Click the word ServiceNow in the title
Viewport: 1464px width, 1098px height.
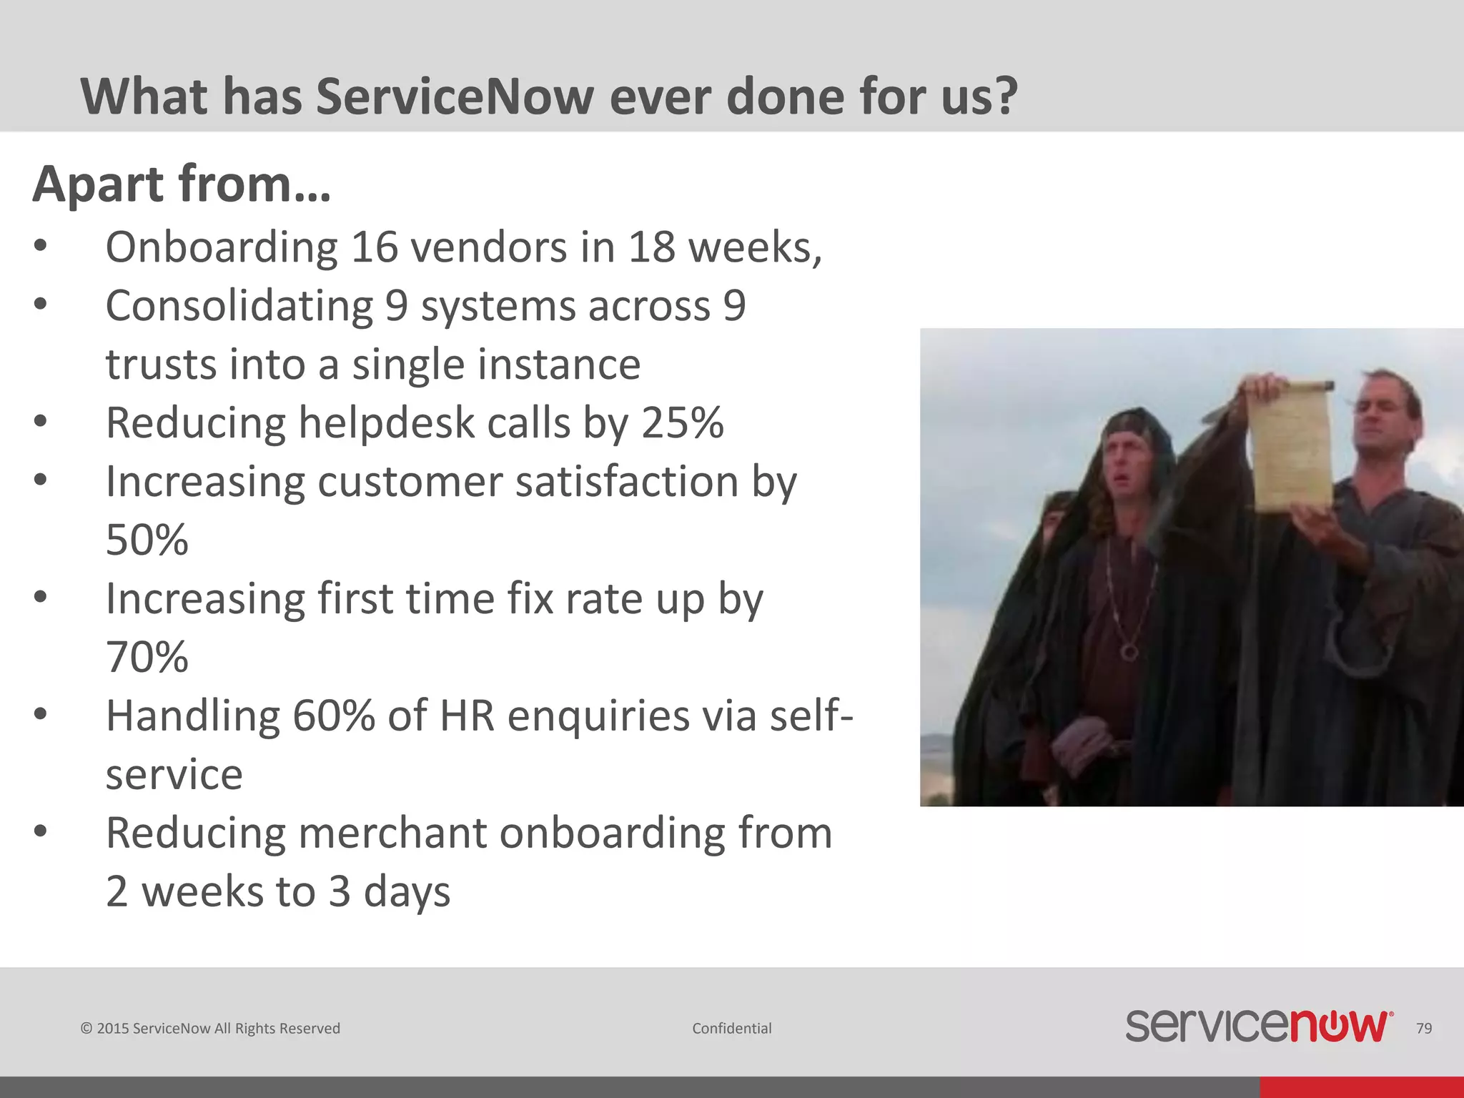tap(455, 97)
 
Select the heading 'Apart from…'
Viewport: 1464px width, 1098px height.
tap(182, 184)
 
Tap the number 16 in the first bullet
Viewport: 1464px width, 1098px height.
tap(373, 247)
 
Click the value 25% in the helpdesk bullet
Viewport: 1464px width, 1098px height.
tap(682, 422)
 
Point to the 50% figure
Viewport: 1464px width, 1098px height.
tap(147, 540)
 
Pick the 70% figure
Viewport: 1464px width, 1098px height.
tap(147, 657)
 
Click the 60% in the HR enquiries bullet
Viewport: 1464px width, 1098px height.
tap(333, 716)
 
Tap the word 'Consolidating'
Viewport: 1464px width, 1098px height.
tap(239, 306)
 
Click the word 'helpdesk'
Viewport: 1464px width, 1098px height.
tap(386, 422)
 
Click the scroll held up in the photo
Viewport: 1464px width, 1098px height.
tap(1290, 447)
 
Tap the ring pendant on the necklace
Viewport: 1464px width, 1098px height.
tap(1129, 651)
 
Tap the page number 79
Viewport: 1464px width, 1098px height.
tap(1423, 1028)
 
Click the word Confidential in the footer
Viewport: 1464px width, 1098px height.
tap(731, 1028)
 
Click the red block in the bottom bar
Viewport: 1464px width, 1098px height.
tap(1361, 1087)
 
